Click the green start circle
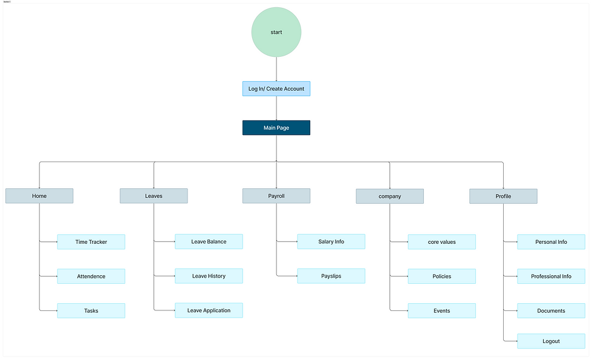[x=276, y=32]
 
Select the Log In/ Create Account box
[x=276, y=89]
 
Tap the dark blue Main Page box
[x=276, y=128]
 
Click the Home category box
[x=39, y=196]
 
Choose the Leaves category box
[x=154, y=196]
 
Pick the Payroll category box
[x=276, y=196]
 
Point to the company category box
[x=389, y=196]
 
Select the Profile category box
[x=503, y=196]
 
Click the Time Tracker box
[x=91, y=242]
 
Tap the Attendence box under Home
[x=91, y=277]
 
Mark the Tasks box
[x=91, y=311]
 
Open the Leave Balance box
[x=209, y=242]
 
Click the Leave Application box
[x=209, y=310]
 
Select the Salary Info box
[x=331, y=242]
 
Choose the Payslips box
[x=331, y=277]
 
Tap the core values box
[x=441, y=242]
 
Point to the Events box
[x=441, y=311]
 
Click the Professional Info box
[x=551, y=277]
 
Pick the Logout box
[x=551, y=341]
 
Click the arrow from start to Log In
[x=276, y=69]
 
